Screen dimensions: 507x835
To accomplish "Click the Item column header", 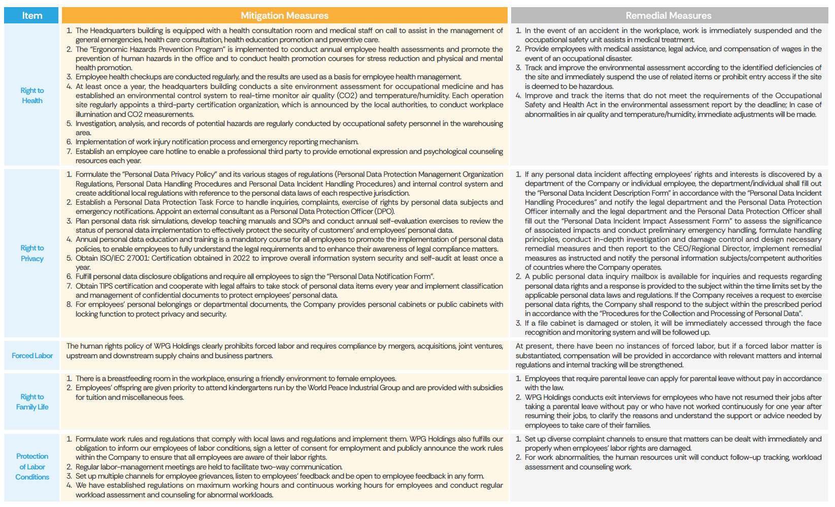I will (x=32, y=16).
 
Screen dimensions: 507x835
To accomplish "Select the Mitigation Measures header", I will (x=284, y=16).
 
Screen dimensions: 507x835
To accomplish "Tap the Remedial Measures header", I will (x=668, y=16).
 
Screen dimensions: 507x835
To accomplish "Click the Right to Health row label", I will (x=32, y=96).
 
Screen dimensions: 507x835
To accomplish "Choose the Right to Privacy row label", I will (x=32, y=253).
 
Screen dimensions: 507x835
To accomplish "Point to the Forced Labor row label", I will (x=32, y=356).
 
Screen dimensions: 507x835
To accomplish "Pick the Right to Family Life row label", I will (x=32, y=402).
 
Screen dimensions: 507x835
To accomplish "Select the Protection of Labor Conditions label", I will (x=32, y=466).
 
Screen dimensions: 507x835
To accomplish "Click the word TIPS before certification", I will (x=106, y=286).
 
